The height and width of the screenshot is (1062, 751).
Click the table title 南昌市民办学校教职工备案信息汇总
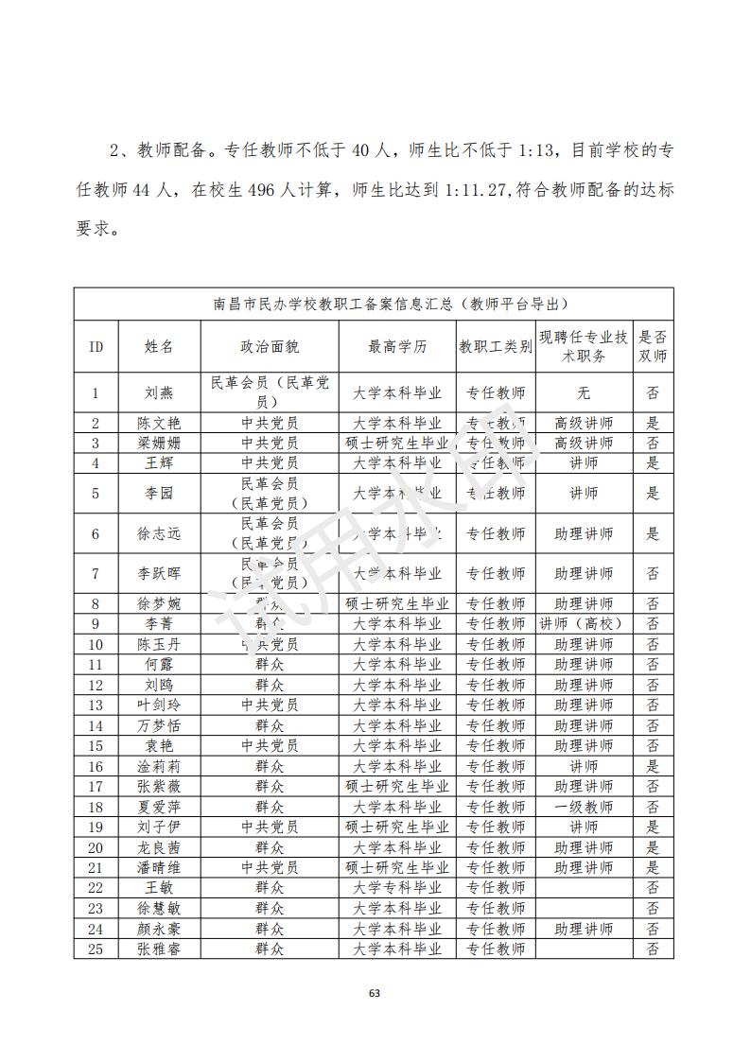point(374,305)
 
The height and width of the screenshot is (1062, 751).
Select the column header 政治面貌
point(270,346)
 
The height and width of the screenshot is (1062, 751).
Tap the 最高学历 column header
point(397,346)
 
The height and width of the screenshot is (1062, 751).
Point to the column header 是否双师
point(653,346)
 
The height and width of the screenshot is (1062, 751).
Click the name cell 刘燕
point(159,392)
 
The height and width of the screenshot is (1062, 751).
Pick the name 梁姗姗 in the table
point(159,443)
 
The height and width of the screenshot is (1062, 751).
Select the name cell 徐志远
point(159,533)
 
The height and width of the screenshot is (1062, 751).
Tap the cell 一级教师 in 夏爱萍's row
point(584,807)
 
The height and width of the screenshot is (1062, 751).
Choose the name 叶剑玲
point(159,705)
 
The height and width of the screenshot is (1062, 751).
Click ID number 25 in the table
point(96,949)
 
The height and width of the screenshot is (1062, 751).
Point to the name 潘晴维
point(159,867)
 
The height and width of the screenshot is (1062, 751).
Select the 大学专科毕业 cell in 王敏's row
point(397,888)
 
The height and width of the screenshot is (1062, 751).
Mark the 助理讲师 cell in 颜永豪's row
point(584,929)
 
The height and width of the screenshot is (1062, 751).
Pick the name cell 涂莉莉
point(159,766)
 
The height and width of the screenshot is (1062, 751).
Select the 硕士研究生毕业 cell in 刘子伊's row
point(397,827)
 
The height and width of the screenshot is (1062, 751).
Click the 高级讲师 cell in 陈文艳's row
point(584,423)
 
